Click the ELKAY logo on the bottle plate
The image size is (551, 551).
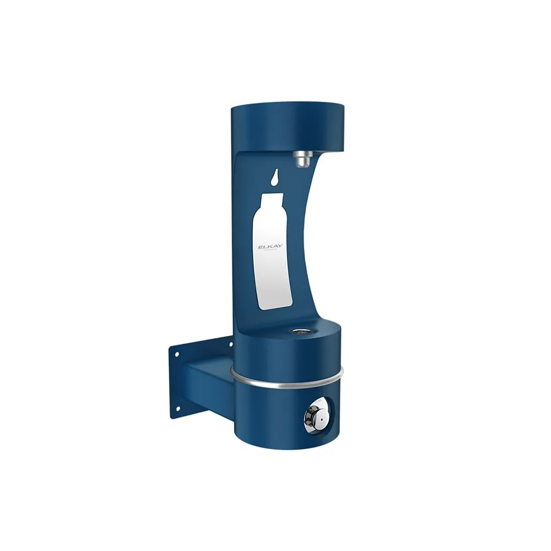(271, 247)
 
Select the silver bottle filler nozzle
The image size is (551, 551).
(301, 159)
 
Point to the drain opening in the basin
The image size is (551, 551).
(300, 332)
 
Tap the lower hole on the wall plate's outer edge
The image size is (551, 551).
(177, 408)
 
